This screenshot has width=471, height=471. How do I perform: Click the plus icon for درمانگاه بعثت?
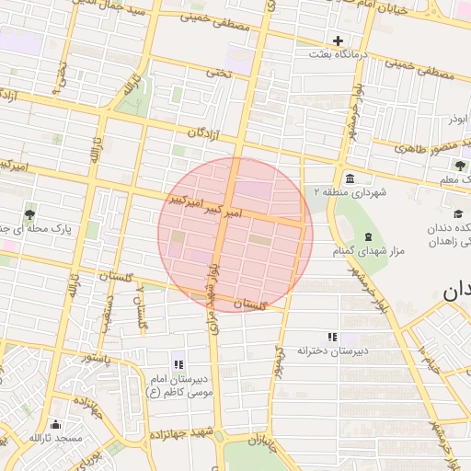(339, 40)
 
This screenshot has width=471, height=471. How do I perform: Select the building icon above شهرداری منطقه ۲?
(350, 178)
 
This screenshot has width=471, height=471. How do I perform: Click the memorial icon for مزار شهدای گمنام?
(368, 237)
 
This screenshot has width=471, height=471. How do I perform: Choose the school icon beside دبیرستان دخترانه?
(332, 337)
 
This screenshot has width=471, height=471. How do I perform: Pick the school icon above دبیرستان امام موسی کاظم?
(178, 365)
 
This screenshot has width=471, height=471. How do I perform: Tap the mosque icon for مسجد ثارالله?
(55, 424)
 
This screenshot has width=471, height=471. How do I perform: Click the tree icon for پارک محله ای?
(29, 213)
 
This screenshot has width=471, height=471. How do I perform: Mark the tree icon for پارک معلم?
(460, 166)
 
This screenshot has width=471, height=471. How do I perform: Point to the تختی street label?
(218, 72)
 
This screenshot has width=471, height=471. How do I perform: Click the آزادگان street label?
(205, 133)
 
